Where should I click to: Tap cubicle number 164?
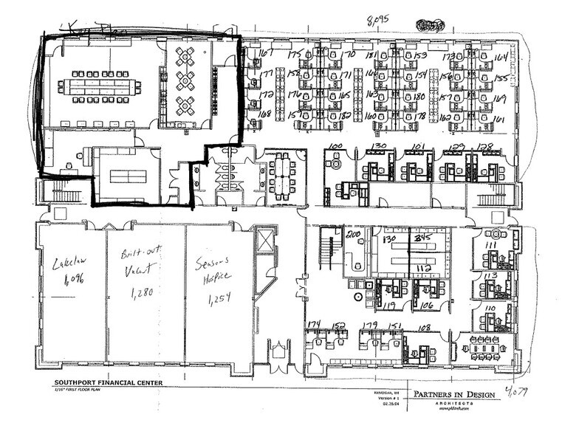[x=501, y=58]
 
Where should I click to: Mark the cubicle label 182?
[x=345, y=116]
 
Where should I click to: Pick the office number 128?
[x=484, y=147]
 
